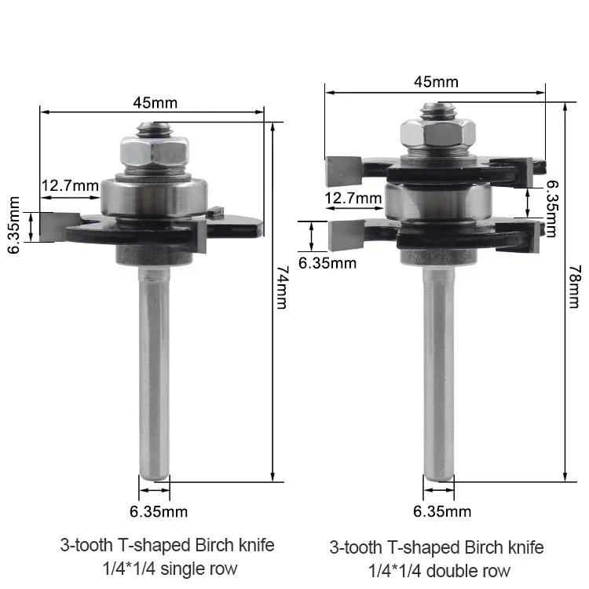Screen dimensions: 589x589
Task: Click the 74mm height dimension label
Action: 282,287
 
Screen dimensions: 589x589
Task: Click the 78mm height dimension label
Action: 575,287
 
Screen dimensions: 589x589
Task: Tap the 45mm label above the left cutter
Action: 155,103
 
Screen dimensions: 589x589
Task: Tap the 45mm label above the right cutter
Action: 436,82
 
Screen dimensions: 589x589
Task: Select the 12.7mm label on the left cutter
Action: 70,185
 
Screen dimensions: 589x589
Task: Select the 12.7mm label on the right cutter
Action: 353,198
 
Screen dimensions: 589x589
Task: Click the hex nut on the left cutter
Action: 155,152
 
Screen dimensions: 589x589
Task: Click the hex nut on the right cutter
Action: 438,134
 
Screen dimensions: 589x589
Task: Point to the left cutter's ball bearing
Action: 154,197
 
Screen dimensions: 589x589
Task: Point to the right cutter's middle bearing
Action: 437,202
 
